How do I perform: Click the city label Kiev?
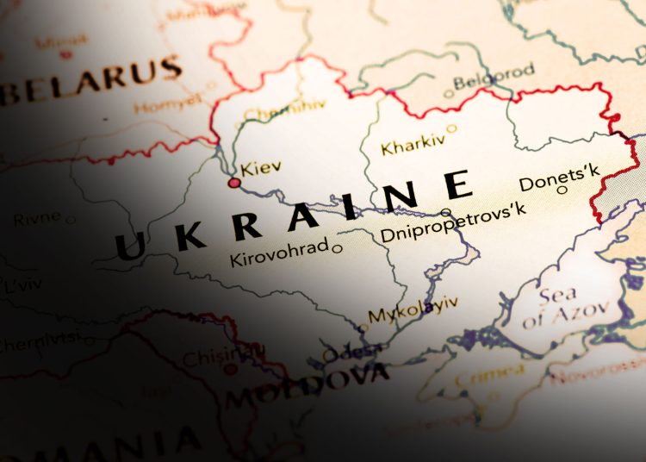(x=261, y=168)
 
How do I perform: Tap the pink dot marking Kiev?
(x=233, y=183)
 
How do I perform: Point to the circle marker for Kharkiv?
(x=451, y=128)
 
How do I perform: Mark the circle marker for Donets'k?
(x=562, y=190)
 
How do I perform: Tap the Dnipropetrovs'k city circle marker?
(x=445, y=212)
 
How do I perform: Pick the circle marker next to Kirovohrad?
(x=338, y=249)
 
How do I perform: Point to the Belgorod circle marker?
(x=448, y=94)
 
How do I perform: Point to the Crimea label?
(x=489, y=375)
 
